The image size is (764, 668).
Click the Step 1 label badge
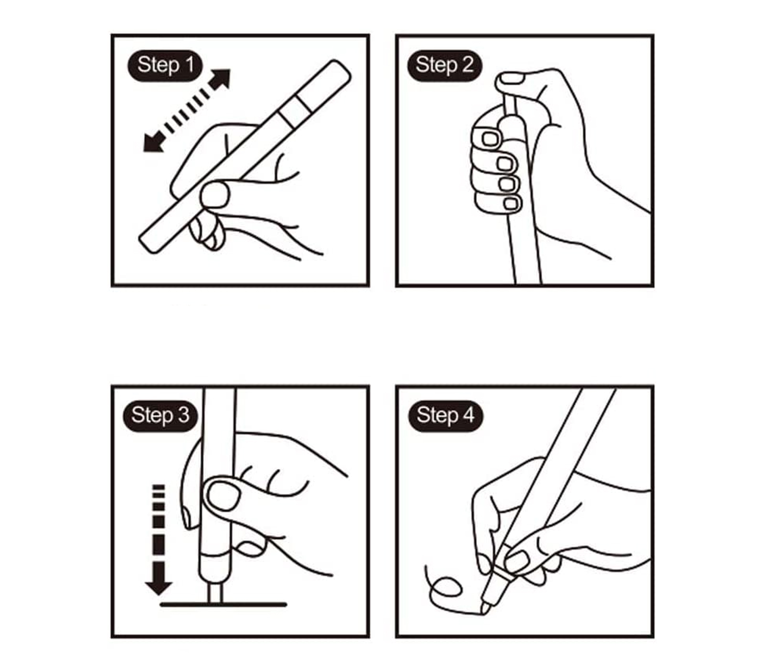(x=165, y=65)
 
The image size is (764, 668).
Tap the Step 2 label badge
(x=444, y=65)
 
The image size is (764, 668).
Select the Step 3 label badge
(x=160, y=416)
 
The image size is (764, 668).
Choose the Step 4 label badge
(x=446, y=416)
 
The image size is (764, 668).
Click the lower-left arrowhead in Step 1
(x=154, y=142)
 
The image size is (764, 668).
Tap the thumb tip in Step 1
(x=215, y=195)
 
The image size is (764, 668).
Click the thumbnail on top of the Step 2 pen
(x=511, y=78)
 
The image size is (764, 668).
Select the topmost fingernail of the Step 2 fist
(x=490, y=139)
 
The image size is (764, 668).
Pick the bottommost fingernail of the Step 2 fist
(x=511, y=203)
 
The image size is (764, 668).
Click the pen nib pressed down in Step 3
(x=215, y=594)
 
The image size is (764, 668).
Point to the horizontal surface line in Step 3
(x=223, y=605)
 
